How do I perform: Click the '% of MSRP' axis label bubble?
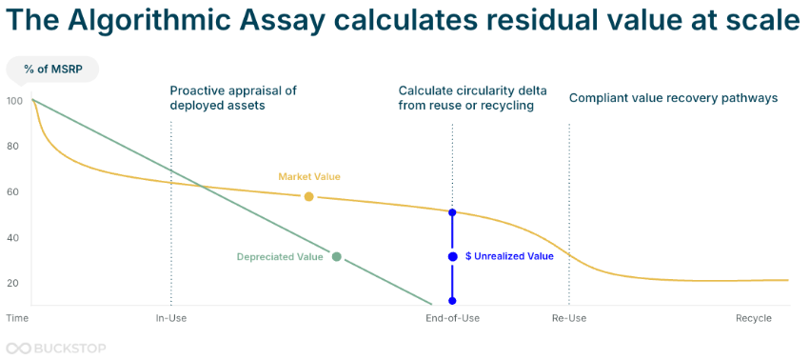tap(51, 70)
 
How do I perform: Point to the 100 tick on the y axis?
tap(15, 101)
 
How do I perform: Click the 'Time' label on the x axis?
tap(17, 318)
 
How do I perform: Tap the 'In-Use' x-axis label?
tap(171, 318)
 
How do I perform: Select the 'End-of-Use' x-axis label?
tap(452, 318)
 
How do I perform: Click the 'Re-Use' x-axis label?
tap(569, 318)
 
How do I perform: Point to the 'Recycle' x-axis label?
tap(753, 318)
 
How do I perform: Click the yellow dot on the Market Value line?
tap(309, 196)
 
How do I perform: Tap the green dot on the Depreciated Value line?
tap(337, 256)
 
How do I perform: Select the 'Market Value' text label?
tap(309, 177)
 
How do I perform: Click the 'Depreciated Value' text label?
tap(280, 256)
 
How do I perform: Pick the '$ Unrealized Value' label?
tap(509, 256)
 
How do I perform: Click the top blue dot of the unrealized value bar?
tap(452, 212)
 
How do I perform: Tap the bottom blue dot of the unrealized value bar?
tap(452, 301)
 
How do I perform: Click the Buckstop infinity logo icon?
tap(18, 349)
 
